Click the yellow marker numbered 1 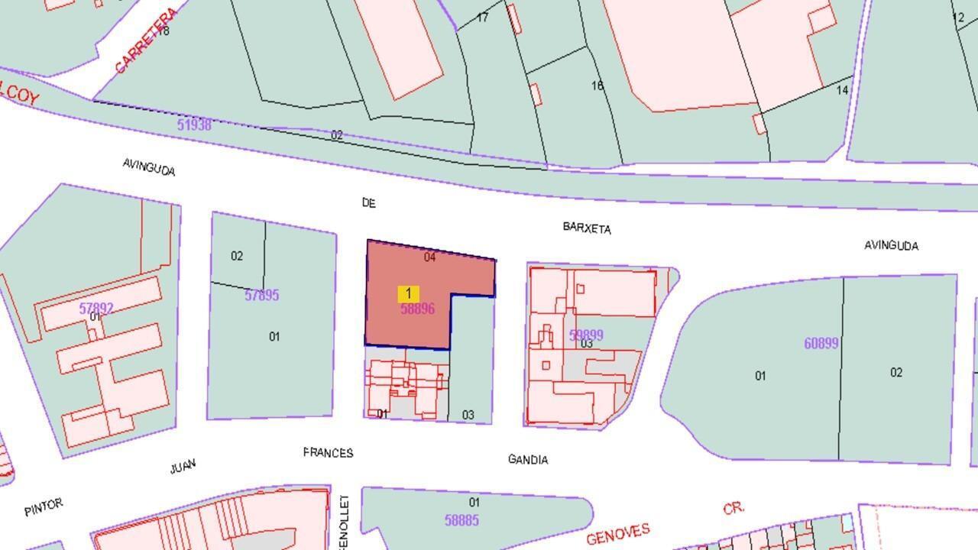coord(408,293)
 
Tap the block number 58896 coord(417,309)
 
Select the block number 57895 coord(261,295)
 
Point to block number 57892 coord(96,309)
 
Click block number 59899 coord(586,335)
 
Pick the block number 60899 coord(821,343)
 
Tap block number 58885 coord(461,520)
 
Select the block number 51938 coord(194,125)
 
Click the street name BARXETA coord(587,228)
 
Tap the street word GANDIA coord(528,459)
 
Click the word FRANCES coord(328,453)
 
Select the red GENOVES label coord(618,533)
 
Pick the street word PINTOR coord(43,507)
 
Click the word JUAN coord(183,466)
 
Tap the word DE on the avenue coord(369,202)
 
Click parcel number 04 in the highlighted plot coord(429,257)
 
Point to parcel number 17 coord(482,17)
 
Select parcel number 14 coord(842,90)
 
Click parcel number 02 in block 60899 coord(896,372)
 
